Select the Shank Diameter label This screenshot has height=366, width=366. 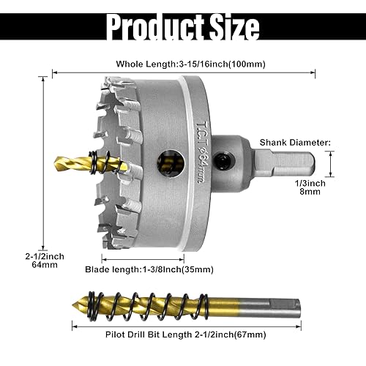tap(297, 143)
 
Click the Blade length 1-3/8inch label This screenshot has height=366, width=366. tap(157, 269)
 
